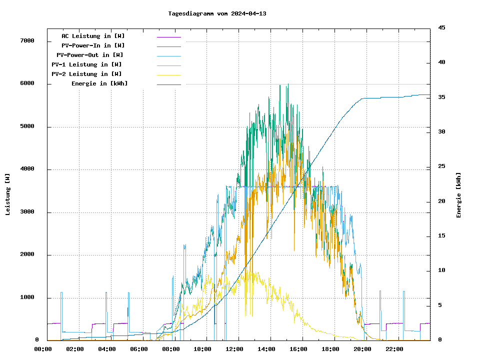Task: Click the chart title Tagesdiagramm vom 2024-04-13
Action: (x=217, y=13)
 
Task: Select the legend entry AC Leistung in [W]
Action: (x=93, y=36)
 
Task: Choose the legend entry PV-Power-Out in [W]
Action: (x=90, y=55)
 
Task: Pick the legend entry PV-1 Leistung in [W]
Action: (x=86, y=64)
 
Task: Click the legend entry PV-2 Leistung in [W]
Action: (x=86, y=74)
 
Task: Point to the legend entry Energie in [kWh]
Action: (x=99, y=83)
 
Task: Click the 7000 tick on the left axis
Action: (x=27, y=40)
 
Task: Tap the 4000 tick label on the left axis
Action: (x=27, y=169)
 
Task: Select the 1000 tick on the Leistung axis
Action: (x=27, y=297)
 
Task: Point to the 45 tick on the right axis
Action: (x=442, y=27)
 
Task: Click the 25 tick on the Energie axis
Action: (x=442, y=166)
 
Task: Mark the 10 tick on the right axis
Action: (x=442, y=270)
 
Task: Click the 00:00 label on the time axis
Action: (x=42, y=349)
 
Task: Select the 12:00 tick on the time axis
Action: (x=234, y=349)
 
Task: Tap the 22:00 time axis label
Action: (x=394, y=349)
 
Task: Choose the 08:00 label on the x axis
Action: (x=170, y=349)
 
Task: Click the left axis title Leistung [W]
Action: (x=8, y=194)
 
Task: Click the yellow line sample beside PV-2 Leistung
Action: (x=169, y=74)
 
